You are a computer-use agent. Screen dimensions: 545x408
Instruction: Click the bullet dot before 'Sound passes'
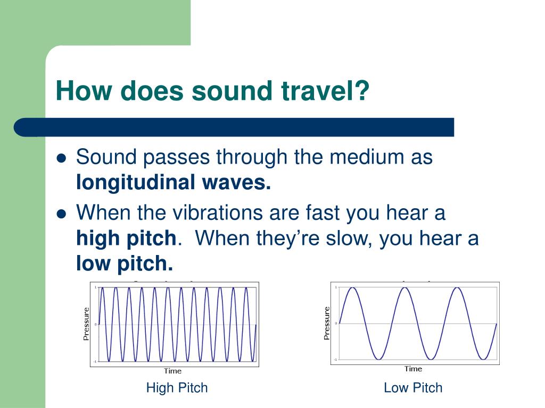click(x=61, y=158)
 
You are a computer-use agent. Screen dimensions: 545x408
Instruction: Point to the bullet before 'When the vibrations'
click(x=61, y=214)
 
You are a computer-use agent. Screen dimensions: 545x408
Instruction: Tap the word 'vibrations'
click(x=218, y=212)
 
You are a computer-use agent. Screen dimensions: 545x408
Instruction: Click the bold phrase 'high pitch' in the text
click(x=126, y=239)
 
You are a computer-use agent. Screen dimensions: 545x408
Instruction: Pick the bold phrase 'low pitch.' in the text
click(x=125, y=264)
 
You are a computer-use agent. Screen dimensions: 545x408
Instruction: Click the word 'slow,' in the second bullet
click(x=348, y=239)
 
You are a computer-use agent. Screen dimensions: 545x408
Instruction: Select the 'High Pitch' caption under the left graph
click(x=177, y=388)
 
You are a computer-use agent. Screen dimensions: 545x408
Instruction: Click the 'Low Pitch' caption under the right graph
click(x=413, y=388)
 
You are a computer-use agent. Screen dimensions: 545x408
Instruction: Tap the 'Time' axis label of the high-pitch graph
click(x=173, y=371)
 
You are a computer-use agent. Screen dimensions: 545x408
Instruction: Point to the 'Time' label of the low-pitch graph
click(x=413, y=369)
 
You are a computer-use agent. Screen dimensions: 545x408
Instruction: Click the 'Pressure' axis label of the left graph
click(x=86, y=324)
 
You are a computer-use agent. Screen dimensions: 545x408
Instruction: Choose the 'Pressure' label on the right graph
click(x=326, y=323)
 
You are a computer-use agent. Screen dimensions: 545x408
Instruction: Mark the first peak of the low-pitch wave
click(x=352, y=287)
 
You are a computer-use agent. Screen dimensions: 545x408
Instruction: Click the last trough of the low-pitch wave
click(x=483, y=359)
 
